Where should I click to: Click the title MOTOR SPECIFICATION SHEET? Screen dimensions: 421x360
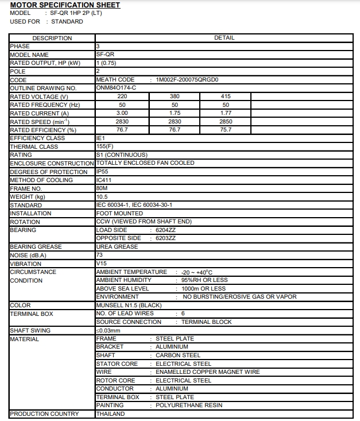(x=65, y=5)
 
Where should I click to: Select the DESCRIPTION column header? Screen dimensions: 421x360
(x=52, y=38)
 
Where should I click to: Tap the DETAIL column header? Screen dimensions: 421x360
(x=224, y=38)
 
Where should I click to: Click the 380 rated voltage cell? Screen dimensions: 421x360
(x=175, y=96)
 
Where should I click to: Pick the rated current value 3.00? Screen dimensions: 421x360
(x=122, y=113)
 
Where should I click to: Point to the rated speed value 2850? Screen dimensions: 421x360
(x=226, y=122)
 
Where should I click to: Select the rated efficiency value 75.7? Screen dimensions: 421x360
(x=226, y=130)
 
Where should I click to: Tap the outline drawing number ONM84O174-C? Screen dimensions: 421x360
(x=116, y=88)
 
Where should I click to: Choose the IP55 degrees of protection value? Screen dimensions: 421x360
(x=102, y=172)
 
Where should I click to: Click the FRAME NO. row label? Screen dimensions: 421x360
(x=26, y=188)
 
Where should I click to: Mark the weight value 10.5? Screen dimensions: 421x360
(x=102, y=197)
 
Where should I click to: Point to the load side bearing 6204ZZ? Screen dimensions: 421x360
(x=166, y=230)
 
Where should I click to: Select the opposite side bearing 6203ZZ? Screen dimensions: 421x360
(x=166, y=238)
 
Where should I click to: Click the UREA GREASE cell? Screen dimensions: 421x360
(x=117, y=247)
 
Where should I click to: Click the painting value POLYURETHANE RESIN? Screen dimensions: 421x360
(x=188, y=405)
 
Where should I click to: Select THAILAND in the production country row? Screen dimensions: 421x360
(x=110, y=414)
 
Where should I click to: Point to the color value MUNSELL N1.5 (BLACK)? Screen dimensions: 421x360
(x=129, y=306)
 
